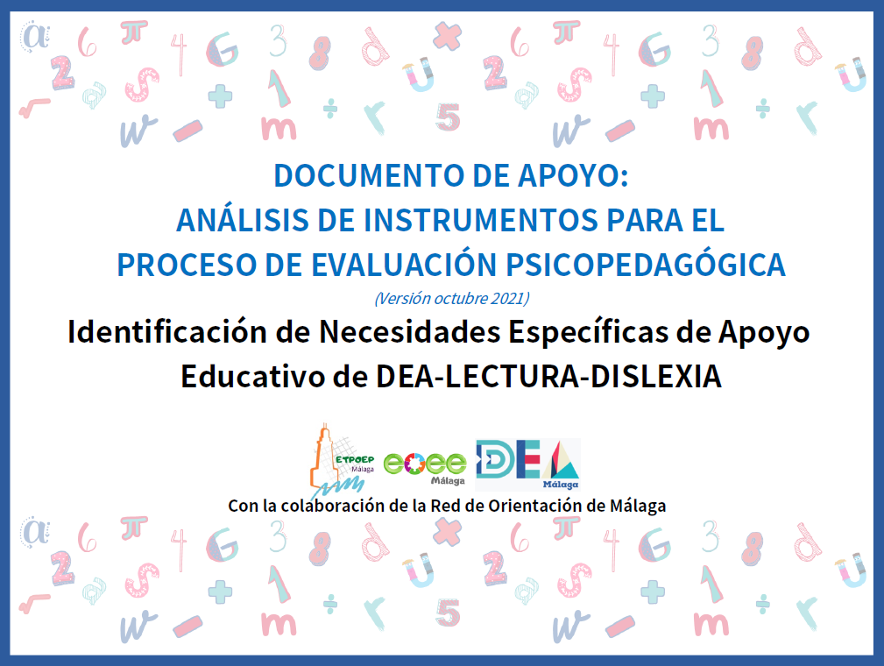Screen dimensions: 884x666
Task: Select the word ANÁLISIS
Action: point(243,219)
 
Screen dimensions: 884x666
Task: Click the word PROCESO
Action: point(187,265)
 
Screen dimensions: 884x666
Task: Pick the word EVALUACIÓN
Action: point(404,264)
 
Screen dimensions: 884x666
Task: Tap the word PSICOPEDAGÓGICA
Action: point(646,264)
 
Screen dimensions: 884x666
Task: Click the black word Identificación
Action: point(167,331)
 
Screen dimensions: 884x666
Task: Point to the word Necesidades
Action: point(410,331)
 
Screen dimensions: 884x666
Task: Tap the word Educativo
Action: point(252,376)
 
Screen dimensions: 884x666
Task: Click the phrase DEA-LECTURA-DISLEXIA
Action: point(548,376)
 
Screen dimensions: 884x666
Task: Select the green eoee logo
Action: point(425,467)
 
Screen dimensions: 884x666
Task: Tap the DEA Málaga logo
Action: point(527,464)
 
